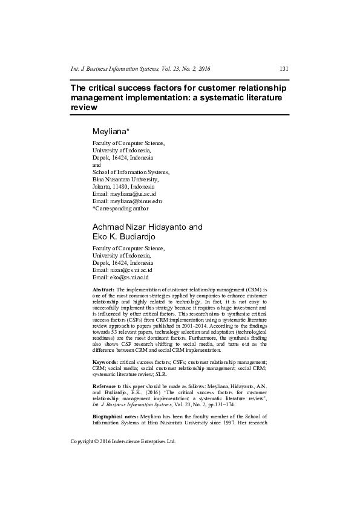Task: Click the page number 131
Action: pos(283,68)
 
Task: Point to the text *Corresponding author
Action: pos(120,208)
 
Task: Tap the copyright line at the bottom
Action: pos(123,441)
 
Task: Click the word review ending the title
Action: pos(84,106)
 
